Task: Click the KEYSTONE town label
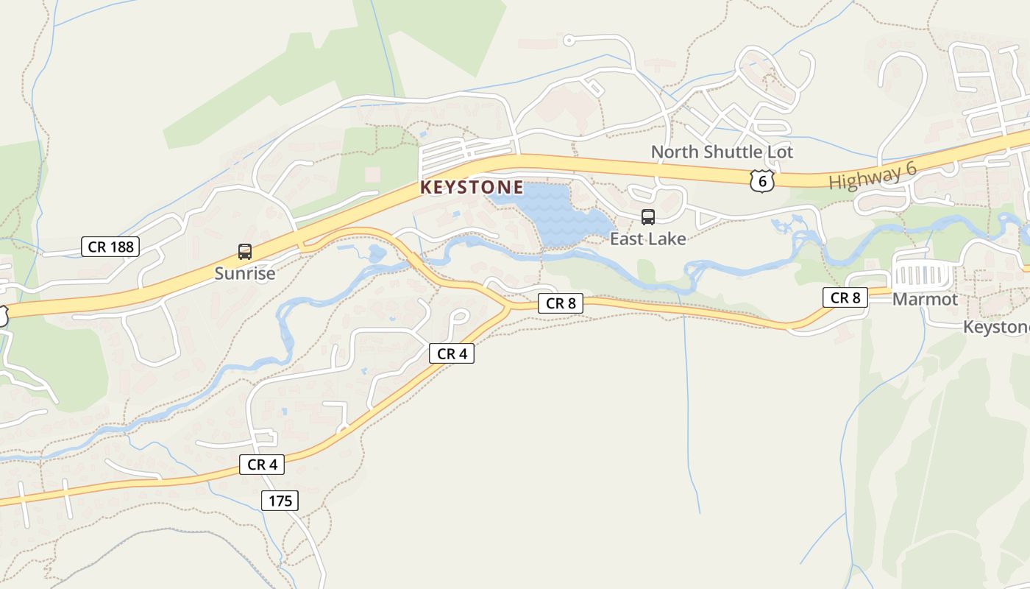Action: pyautogui.click(x=472, y=188)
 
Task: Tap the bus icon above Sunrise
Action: pyautogui.click(x=245, y=252)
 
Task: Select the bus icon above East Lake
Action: pyautogui.click(x=648, y=216)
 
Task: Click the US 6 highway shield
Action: pyautogui.click(x=763, y=180)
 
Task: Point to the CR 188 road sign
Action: pyautogui.click(x=110, y=247)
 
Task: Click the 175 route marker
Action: pyautogui.click(x=280, y=501)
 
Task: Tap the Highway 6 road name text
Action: pyautogui.click(x=873, y=176)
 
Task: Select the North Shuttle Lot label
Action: pyautogui.click(x=722, y=152)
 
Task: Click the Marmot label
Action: pyautogui.click(x=925, y=300)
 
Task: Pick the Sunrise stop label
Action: pyautogui.click(x=245, y=274)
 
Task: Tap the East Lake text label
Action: pyautogui.click(x=647, y=239)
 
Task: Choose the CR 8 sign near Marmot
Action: pyautogui.click(x=845, y=297)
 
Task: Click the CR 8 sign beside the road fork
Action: pyautogui.click(x=561, y=303)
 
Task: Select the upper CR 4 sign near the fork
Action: pyautogui.click(x=452, y=353)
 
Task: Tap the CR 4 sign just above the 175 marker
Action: pyautogui.click(x=261, y=465)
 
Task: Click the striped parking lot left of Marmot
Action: pyautogui.click(x=922, y=278)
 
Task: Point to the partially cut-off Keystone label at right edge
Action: pyautogui.click(x=996, y=327)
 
